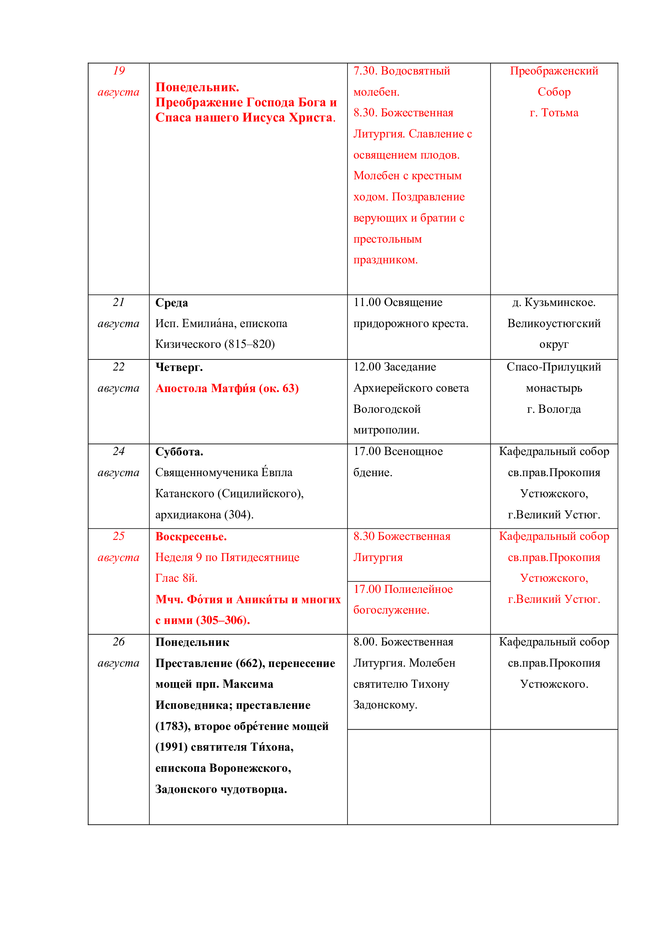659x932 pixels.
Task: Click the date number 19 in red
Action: click(118, 71)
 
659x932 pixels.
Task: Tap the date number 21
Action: click(118, 302)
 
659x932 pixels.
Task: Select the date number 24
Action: click(118, 451)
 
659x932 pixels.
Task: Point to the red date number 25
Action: click(118, 536)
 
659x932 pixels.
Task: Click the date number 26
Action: click(118, 642)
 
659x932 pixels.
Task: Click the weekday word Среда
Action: click(172, 303)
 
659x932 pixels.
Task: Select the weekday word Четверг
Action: click(179, 367)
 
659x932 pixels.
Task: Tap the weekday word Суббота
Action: click(179, 452)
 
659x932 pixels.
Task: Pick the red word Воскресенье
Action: click(191, 537)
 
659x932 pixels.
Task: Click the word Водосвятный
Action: click(416, 71)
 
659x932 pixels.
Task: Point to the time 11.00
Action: click(367, 302)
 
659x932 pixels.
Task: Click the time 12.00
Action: click(367, 367)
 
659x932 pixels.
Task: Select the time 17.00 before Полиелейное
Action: click(367, 589)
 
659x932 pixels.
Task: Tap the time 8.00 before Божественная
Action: click(365, 642)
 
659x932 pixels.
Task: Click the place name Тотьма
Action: click(559, 113)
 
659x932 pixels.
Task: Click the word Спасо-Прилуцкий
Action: click(554, 367)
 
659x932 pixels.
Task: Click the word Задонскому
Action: click(385, 705)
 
